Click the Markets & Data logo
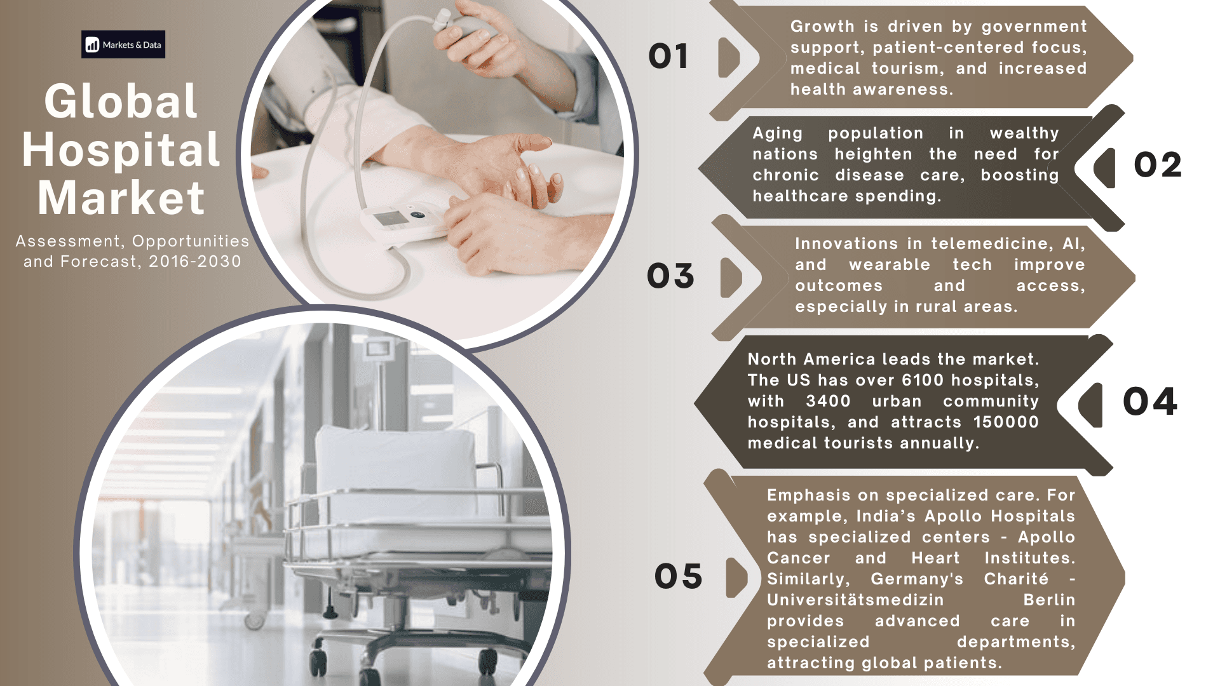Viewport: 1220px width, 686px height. pos(123,44)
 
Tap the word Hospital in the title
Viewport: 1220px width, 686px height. pos(121,150)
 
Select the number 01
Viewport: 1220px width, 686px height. pos(668,57)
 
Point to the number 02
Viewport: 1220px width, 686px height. pos(1158,165)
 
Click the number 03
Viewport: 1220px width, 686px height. pos(670,276)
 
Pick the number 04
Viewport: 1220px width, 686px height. pos(1150,401)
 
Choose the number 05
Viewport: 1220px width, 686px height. pos(679,577)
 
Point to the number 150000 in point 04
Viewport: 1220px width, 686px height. pos(1006,422)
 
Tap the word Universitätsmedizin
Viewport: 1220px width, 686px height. pos(855,600)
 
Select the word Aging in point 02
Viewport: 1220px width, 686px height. pos(778,133)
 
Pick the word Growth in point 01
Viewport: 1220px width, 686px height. pos(822,26)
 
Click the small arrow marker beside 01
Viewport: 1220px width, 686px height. pos(729,57)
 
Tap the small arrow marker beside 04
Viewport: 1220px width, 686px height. pos(1090,405)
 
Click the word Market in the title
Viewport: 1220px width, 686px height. pos(121,198)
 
